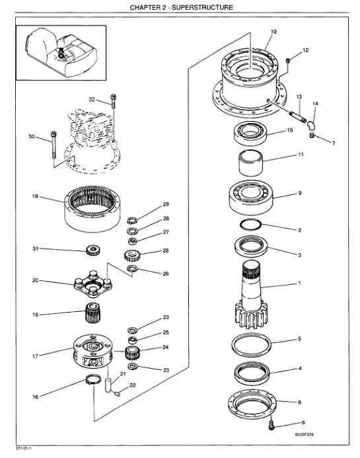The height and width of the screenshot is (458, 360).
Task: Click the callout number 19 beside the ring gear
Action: tap(35, 196)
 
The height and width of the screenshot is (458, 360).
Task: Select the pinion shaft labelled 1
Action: tap(251, 295)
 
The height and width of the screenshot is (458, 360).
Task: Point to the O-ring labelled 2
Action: tap(250, 225)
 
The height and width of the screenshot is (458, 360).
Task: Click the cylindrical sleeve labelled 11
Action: tap(250, 163)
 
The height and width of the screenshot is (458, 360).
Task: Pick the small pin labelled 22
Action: tap(118, 394)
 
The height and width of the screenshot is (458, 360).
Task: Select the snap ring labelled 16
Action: tap(93, 379)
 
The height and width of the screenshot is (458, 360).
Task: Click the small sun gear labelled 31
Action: tap(93, 250)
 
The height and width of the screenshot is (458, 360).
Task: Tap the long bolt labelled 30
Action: tap(54, 145)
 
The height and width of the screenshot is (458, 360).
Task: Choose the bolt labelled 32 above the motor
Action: tap(114, 101)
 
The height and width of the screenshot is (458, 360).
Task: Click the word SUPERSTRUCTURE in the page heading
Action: tap(202, 7)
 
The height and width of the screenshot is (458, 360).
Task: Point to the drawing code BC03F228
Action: tap(305, 434)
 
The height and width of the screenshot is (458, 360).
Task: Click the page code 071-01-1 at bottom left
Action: tap(23, 448)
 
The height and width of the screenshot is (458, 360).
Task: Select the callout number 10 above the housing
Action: tap(273, 32)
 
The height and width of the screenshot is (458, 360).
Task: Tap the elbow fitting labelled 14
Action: tap(310, 126)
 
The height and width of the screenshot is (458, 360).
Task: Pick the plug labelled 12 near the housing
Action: tap(288, 60)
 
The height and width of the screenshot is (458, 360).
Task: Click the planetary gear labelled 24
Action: tap(131, 352)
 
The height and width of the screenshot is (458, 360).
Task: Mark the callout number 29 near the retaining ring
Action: tap(166, 204)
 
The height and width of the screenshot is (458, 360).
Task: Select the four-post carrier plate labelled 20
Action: tap(93, 284)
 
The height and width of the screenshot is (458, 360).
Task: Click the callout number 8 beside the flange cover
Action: tap(299, 402)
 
